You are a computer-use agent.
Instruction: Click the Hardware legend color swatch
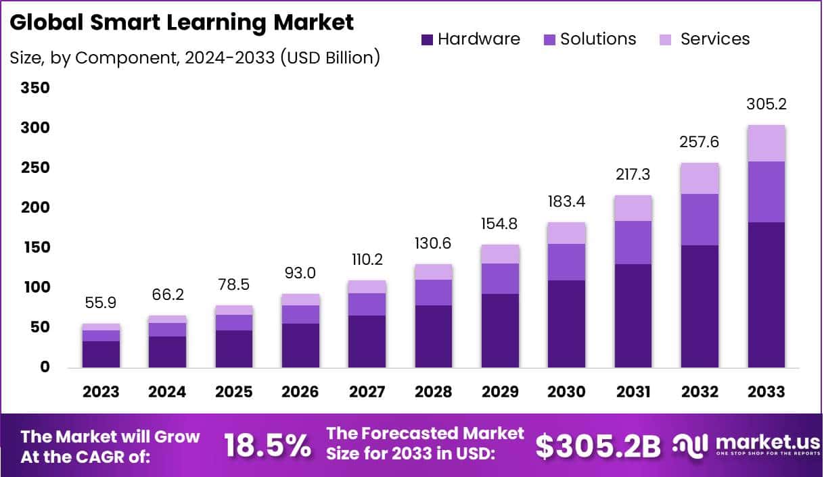click(427, 40)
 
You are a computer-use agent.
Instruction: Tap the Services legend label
click(714, 39)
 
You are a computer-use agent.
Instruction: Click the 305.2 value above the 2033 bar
click(766, 105)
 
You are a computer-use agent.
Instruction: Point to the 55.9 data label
click(101, 304)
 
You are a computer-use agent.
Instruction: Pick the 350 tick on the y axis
click(35, 88)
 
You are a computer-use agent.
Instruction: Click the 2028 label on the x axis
click(433, 392)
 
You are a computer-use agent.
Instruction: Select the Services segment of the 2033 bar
click(766, 143)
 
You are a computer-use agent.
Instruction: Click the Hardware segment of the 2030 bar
click(566, 324)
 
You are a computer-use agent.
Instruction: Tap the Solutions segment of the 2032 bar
click(700, 220)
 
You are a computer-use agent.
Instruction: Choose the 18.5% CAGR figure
click(268, 446)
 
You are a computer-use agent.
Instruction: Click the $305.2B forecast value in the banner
click(598, 446)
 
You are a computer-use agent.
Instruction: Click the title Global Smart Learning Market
click(182, 22)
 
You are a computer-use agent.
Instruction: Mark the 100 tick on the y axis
click(35, 287)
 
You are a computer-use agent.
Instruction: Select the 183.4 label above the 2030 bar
click(566, 201)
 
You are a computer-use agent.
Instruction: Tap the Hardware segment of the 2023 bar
click(101, 354)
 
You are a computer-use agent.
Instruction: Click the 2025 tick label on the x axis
click(233, 392)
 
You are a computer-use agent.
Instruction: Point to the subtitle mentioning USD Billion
click(195, 58)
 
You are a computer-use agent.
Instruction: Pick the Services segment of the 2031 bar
click(633, 208)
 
